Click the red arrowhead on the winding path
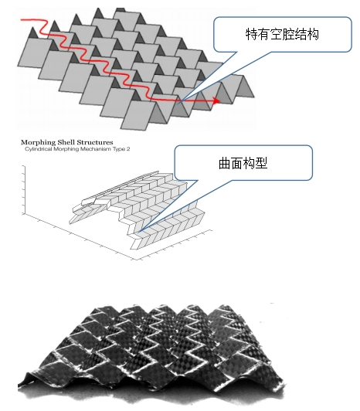tap(217, 100)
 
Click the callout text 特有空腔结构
tap(282, 34)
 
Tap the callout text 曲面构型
tap(243, 163)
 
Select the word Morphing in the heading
tap(39, 143)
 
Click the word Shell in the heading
tap(66, 142)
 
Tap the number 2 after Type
tap(128, 149)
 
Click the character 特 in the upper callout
tap(251, 34)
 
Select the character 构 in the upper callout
tap(313, 34)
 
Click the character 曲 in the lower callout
tap(225, 163)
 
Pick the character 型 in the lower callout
tap(262, 163)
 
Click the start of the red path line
tap(22, 19)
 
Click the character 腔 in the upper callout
tap(288, 34)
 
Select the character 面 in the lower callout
tap(237, 163)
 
